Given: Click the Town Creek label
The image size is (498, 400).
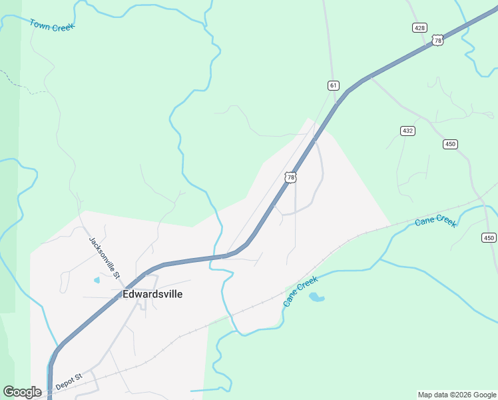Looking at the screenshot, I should coord(52,25).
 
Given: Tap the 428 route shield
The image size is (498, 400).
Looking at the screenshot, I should coord(419,27).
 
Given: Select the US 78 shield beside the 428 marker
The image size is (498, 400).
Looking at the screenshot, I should coord(437,40).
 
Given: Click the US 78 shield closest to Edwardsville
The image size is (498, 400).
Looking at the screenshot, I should coord(290,177).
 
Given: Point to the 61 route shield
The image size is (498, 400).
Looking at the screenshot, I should coord(334,85).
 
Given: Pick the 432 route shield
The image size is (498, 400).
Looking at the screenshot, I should coord(408,131).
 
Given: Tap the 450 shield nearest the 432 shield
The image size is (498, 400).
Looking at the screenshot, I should coord(451,144).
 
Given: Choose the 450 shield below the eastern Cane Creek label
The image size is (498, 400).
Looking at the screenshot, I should coord(489,238).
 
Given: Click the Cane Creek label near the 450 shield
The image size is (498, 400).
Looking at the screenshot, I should coord(435,221).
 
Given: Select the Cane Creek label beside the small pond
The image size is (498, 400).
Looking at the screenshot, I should coord(300,291).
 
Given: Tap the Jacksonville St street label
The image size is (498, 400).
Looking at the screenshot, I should coord(105,257).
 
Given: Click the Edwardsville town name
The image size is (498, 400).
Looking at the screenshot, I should coord(152,294).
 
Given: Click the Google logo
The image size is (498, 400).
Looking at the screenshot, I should coord(22,392).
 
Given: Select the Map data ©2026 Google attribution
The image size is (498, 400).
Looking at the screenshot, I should coord(457,395).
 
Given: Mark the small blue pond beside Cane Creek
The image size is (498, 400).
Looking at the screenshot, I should coord(317,297).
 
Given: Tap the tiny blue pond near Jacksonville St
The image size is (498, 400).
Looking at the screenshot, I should coord(97,280).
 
